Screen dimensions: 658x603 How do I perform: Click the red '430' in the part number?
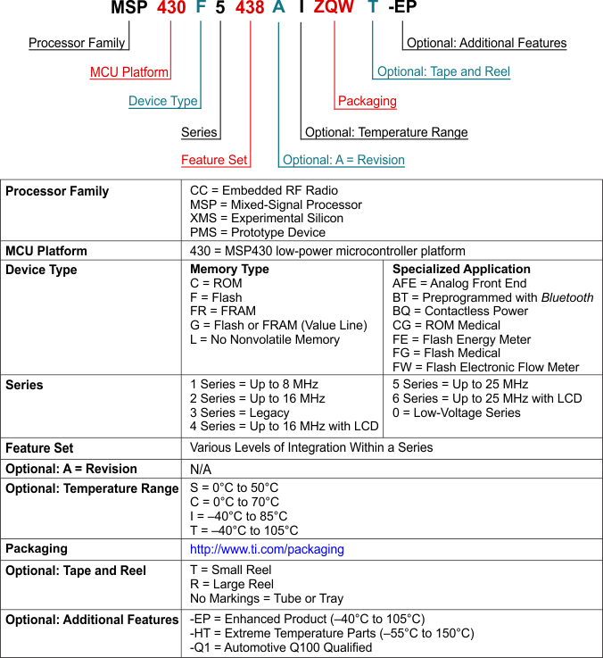[x=171, y=10]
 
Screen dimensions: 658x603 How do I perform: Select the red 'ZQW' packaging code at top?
[x=335, y=10]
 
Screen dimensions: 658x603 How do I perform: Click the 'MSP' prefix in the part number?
[x=130, y=10]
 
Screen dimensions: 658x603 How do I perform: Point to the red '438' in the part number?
[x=250, y=10]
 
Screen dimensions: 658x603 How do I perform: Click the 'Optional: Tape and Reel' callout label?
[x=443, y=72]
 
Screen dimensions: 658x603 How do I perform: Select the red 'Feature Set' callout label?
[x=214, y=161]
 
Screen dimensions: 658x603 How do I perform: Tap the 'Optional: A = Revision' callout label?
[x=343, y=161]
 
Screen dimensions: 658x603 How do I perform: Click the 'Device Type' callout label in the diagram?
[x=163, y=101]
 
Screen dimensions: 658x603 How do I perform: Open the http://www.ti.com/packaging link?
[x=267, y=550]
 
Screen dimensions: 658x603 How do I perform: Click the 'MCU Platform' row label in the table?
[x=46, y=251]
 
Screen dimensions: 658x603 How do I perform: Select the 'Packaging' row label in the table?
[x=37, y=548]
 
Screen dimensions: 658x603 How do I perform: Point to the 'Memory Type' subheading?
[x=229, y=270]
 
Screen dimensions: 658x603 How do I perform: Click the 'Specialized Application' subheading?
[x=461, y=270]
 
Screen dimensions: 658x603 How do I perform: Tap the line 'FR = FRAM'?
[x=223, y=312]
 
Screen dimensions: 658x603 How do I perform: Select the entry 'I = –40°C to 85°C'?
[x=239, y=516]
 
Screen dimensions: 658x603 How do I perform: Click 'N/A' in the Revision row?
[x=201, y=469]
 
